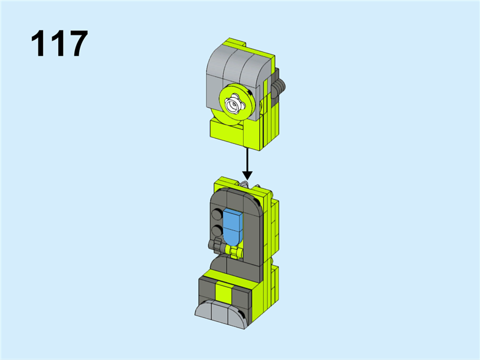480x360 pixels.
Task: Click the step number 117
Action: pyautogui.click(x=59, y=43)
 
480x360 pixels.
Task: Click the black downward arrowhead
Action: pyautogui.click(x=247, y=175)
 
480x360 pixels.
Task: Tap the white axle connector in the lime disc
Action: pyautogui.click(x=235, y=104)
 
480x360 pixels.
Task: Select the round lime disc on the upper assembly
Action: pyautogui.click(x=237, y=104)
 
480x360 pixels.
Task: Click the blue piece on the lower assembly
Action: pyautogui.click(x=233, y=227)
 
